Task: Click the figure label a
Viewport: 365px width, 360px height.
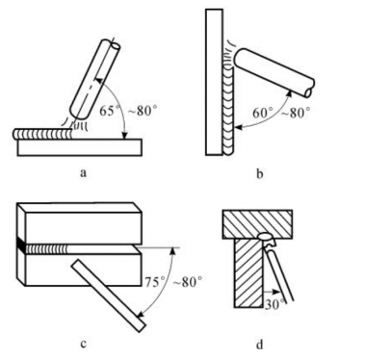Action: click(83, 173)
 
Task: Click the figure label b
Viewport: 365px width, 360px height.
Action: click(260, 173)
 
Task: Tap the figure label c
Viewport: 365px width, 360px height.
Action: click(83, 345)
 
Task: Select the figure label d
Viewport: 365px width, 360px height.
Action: click(260, 344)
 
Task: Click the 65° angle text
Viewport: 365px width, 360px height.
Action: click(107, 111)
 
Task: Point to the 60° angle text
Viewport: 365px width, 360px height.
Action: click(263, 113)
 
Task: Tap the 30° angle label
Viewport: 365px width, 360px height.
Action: click(274, 304)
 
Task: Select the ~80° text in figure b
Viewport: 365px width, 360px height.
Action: click(296, 113)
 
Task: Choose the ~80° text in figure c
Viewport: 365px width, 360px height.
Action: click(188, 282)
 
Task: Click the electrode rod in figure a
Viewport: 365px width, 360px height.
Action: click(94, 79)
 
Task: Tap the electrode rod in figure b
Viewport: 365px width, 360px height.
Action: click(274, 72)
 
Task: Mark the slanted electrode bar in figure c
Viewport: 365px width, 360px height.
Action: click(108, 296)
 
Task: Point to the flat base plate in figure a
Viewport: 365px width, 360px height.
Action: click(80, 147)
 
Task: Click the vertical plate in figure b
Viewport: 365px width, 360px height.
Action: click(214, 83)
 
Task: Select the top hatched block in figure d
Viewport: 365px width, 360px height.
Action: click(257, 224)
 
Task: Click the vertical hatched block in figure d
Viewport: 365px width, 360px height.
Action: click(248, 273)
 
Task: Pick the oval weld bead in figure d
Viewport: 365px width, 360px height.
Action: click(265, 238)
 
